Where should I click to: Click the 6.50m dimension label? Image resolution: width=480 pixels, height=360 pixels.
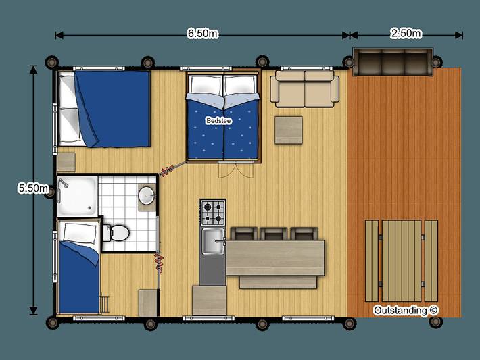(x=202, y=34)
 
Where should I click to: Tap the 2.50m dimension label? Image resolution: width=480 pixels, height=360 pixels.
(x=406, y=34)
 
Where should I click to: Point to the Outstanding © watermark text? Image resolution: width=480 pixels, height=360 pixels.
(x=406, y=310)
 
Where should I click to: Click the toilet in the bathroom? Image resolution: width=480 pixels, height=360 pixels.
(x=116, y=232)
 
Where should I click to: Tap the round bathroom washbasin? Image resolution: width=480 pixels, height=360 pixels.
(x=147, y=195)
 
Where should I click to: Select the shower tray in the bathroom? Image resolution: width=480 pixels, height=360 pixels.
(x=76, y=195)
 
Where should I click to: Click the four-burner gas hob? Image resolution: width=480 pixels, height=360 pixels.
(x=213, y=213)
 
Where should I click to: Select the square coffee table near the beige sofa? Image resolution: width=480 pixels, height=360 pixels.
(x=288, y=130)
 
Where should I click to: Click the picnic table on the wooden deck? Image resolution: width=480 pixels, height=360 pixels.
(x=402, y=260)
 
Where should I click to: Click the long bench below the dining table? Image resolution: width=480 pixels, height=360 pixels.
(x=279, y=282)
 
